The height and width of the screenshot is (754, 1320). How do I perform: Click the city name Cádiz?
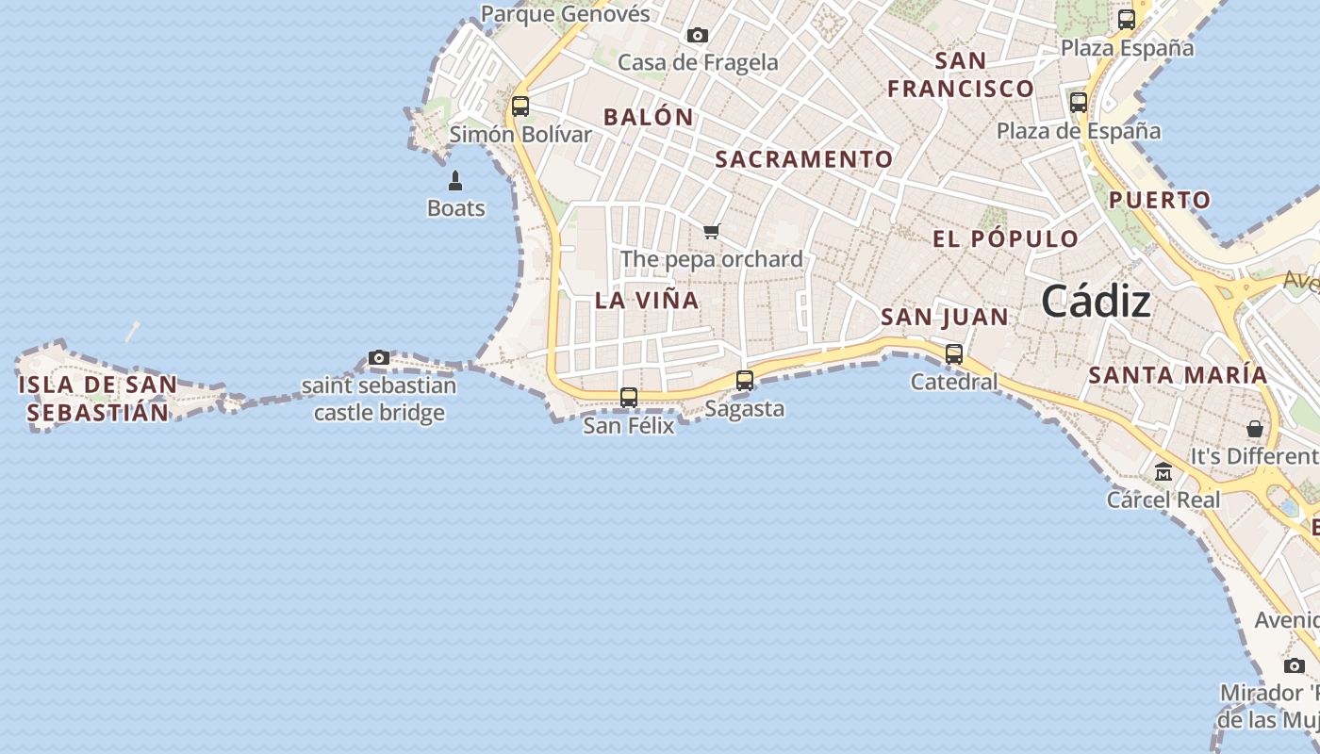(1097, 302)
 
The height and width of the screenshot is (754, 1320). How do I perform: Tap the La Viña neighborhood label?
(647, 301)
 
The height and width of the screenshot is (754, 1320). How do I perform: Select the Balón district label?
(649, 118)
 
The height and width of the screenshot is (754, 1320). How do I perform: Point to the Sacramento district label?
(803, 159)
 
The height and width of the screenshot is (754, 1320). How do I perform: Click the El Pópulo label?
(1005, 238)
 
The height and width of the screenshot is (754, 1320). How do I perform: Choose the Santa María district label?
(1178, 374)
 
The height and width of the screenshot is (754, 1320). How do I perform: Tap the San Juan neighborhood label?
(945, 318)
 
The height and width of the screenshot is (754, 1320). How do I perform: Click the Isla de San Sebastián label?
(98, 398)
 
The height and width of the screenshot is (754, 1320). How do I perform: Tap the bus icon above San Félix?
(629, 398)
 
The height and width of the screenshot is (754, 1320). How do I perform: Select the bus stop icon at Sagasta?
(745, 381)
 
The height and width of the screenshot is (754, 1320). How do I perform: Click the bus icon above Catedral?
(954, 354)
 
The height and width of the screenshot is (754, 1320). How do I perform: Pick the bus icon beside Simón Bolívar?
(520, 107)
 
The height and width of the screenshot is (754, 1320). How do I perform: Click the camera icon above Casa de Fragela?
(698, 36)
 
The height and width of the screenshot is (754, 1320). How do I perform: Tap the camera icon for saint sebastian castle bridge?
(379, 358)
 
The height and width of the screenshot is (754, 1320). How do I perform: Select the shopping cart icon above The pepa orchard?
(712, 231)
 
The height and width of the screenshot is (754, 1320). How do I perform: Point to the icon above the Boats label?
(455, 181)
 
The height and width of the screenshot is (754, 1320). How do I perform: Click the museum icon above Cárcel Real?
(1163, 471)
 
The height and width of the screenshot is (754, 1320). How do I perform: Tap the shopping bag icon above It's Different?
(1255, 429)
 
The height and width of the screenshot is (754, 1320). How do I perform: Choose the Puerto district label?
(1160, 200)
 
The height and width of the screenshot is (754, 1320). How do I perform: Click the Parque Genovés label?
(566, 13)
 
